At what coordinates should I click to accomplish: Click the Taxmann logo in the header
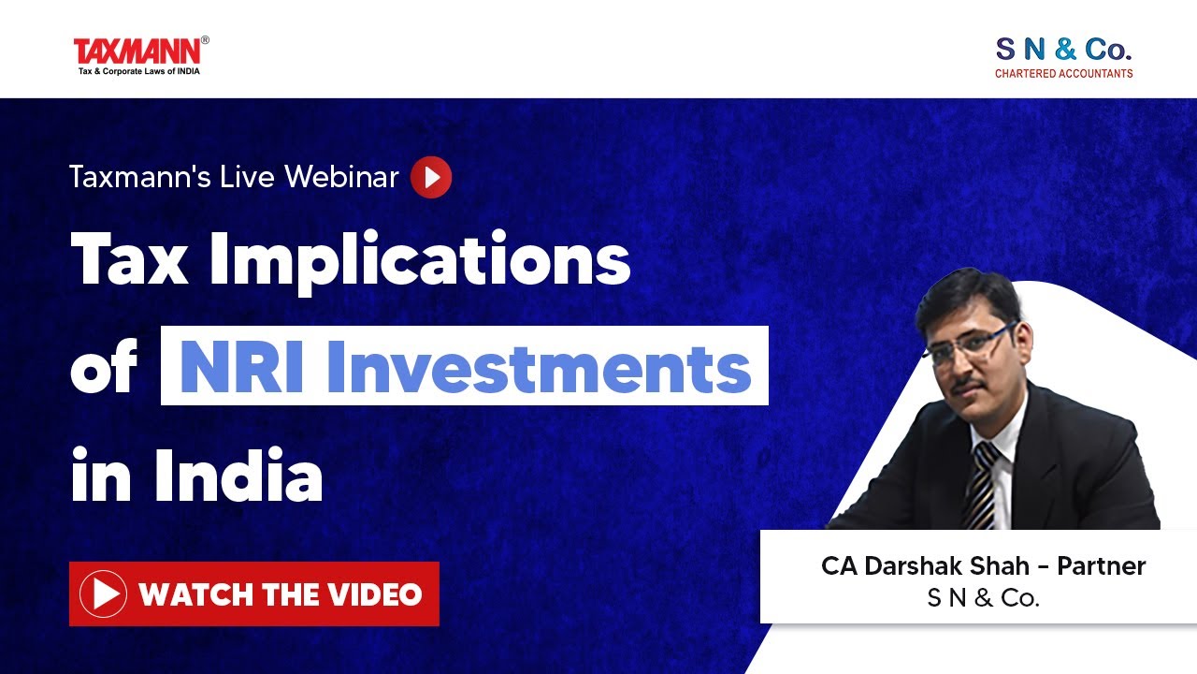click(x=140, y=54)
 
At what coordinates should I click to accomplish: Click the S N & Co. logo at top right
click(x=1063, y=49)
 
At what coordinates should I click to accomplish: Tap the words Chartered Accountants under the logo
click(x=1063, y=73)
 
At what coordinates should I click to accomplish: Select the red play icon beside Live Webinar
click(x=431, y=177)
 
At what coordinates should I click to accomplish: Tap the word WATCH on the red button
click(x=193, y=593)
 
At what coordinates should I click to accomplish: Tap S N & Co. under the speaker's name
click(x=983, y=598)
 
